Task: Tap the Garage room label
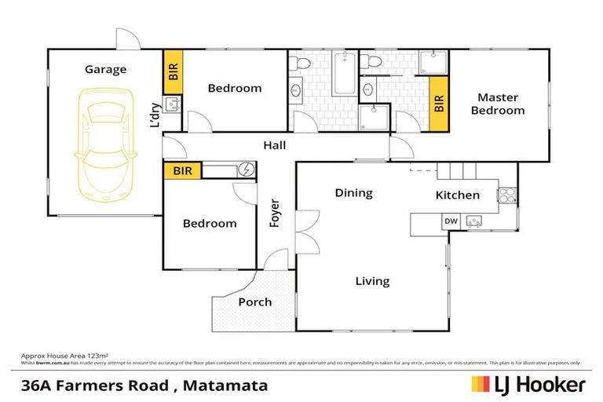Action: (x=105, y=69)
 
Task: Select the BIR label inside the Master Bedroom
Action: (x=439, y=104)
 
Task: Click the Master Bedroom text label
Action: (x=497, y=104)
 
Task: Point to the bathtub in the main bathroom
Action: (x=343, y=75)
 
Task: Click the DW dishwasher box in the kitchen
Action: (x=451, y=221)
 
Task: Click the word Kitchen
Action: (x=457, y=195)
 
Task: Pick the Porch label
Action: (x=254, y=301)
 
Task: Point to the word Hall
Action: (x=275, y=145)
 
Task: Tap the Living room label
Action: (x=372, y=281)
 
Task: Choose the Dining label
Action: (x=353, y=192)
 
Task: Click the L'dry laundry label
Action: (x=155, y=115)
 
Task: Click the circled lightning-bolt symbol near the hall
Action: (x=247, y=170)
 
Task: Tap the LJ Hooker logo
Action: (x=528, y=385)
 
